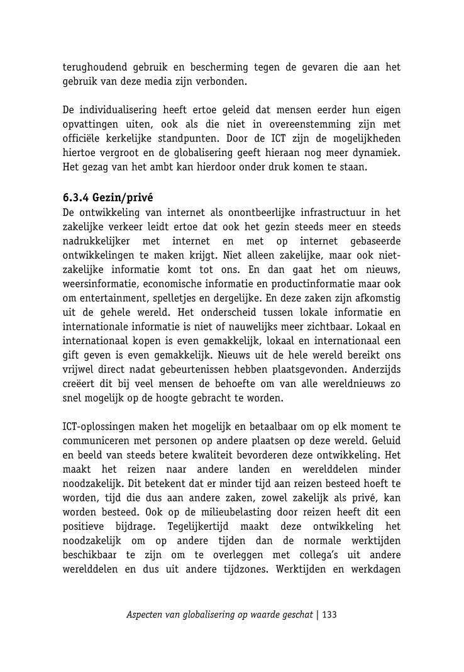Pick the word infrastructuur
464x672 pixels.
click(318, 212)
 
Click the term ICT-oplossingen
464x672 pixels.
click(97, 427)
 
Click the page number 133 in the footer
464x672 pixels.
click(329, 615)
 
